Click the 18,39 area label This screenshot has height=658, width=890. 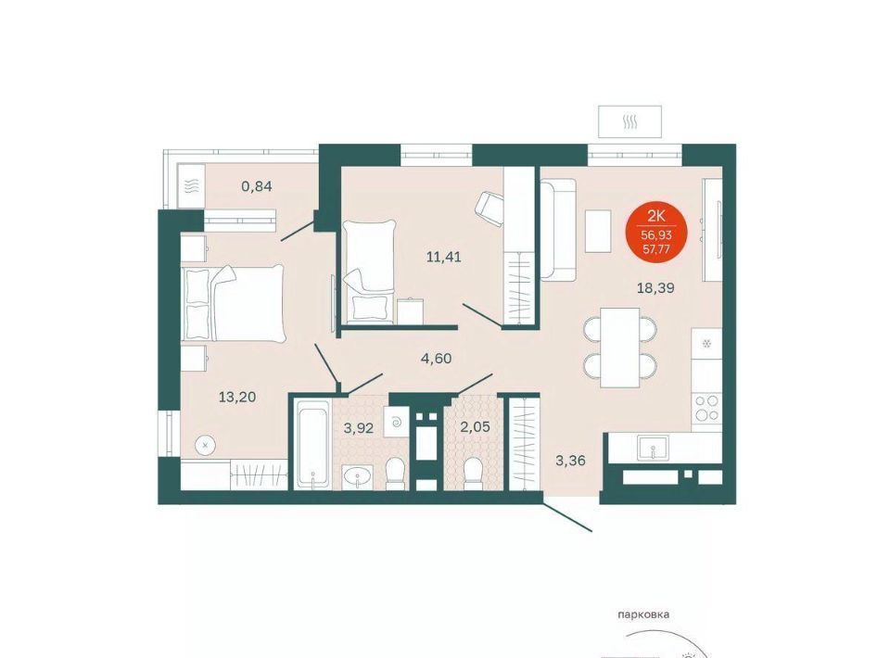[655, 288]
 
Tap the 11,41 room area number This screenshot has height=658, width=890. [444, 257]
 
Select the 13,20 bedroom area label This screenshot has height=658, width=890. [237, 397]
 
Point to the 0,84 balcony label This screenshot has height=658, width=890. [257, 186]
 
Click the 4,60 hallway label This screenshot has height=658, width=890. [436, 359]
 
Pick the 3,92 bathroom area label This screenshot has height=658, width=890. [359, 428]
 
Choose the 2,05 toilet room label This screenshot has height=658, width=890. [475, 427]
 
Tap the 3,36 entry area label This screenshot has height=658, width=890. [570, 461]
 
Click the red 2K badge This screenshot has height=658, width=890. [656, 230]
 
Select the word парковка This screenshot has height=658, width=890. [643, 614]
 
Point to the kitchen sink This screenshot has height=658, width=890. [653, 448]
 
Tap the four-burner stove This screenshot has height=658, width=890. [706, 408]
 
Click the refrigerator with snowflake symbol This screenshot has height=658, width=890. [706, 344]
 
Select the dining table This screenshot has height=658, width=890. [620, 348]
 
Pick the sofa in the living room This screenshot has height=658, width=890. [557, 229]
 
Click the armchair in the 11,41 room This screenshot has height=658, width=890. [489, 209]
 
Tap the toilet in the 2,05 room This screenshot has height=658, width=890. [472, 474]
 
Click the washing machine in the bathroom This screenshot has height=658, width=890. [396, 422]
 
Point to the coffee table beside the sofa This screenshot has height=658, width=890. [598, 231]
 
